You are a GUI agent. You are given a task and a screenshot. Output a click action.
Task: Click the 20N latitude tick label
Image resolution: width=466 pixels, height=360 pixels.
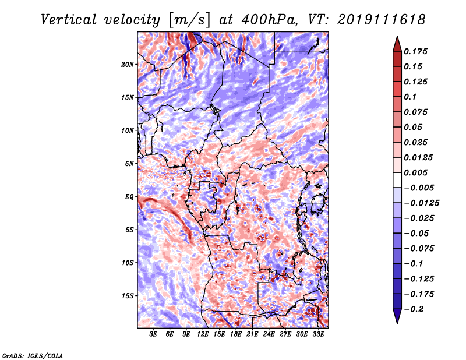(128, 65)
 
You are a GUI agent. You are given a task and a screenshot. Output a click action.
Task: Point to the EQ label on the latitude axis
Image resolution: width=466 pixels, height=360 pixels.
(129, 197)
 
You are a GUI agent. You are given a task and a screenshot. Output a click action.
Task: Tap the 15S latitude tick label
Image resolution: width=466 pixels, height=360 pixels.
(128, 296)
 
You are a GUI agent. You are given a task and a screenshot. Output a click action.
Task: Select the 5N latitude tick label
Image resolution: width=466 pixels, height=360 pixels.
(129, 164)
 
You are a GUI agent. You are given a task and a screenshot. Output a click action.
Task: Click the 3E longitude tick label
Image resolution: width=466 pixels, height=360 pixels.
(153, 334)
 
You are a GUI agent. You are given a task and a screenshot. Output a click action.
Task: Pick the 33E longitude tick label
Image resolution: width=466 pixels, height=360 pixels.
(318, 334)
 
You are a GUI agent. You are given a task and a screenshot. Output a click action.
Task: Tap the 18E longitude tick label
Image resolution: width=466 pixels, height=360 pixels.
(236, 334)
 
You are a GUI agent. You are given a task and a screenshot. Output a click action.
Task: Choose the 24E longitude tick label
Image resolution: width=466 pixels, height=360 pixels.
(269, 334)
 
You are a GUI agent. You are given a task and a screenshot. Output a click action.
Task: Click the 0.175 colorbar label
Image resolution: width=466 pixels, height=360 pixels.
(415, 51)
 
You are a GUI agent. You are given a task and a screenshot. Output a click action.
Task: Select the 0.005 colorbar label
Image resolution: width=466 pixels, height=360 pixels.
(415, 172)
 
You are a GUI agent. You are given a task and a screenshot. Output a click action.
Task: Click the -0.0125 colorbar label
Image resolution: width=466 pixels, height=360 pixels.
(421, 203)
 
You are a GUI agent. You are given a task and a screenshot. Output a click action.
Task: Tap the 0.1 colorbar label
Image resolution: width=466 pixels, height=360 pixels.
(410, 97)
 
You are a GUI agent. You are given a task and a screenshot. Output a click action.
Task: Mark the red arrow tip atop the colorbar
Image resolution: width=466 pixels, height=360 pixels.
(397, 36)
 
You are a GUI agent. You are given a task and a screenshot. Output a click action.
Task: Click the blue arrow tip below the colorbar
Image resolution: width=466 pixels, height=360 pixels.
(397, 323)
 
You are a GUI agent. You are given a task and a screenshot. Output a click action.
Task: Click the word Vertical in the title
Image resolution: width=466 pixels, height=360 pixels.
(69, 20)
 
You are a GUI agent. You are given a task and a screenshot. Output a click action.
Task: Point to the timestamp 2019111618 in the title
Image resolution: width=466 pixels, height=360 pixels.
(382, 20)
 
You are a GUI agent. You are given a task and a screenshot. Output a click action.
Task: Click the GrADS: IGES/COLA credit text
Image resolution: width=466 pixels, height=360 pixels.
(33, 355)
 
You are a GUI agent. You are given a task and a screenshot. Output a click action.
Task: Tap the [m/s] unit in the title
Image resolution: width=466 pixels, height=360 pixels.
(189, 20)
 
